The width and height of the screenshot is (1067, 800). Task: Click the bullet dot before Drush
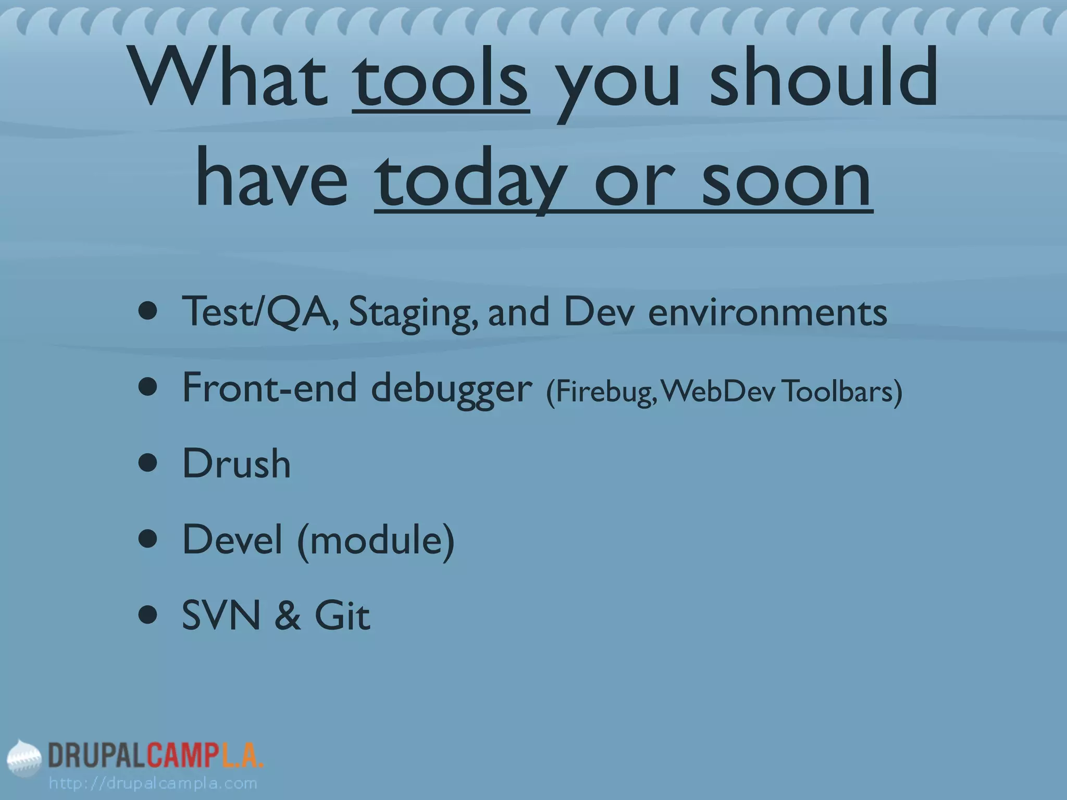[x=148, y=464]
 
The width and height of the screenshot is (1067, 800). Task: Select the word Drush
[x=236, y=464]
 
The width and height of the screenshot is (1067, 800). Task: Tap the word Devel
[x=232, y=540]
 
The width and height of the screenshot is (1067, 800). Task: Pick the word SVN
[x=221, y=616]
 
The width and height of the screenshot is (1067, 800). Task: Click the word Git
[x=342, y=616]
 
